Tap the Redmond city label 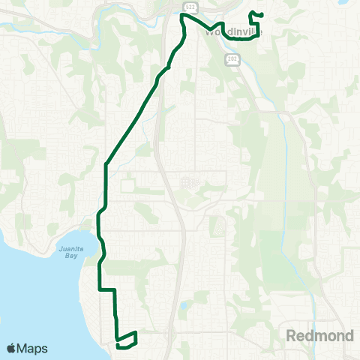click(320, 336)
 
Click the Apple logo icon click(13, 348)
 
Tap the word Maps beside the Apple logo click(33, 349)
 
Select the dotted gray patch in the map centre click(187, 182)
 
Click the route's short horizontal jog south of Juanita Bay click(106, 289)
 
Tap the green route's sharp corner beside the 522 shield click(181, 14)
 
